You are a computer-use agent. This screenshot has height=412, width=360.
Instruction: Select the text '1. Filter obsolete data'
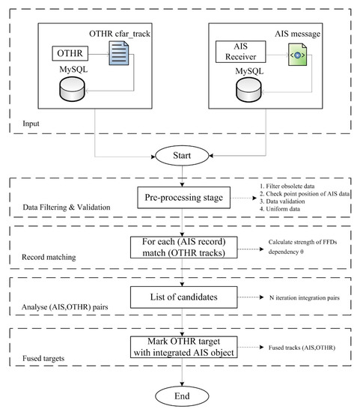click(287, 187)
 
